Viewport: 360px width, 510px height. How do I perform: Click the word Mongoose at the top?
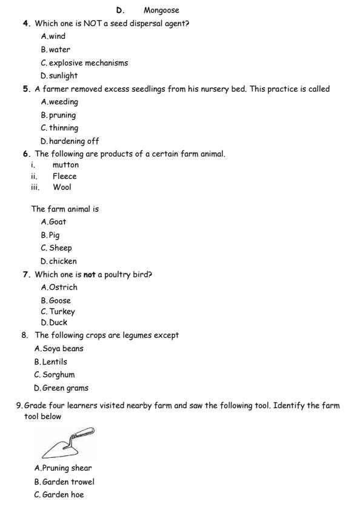(x=161, y=10)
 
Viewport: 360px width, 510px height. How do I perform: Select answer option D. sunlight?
(x=59, y=76)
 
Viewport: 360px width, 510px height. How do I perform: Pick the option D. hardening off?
(x=70, y=141)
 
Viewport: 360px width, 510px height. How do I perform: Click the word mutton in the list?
(x=65, y=164)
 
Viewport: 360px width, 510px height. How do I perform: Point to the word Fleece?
(x=64, y=176)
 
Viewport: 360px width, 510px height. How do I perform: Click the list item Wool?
(x=62, y=187)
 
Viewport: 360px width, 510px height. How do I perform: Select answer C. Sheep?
(x=56, y=248)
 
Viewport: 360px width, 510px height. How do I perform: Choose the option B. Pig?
(x=50, y=235)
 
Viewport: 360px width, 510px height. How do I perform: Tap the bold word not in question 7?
(x=90, y=275)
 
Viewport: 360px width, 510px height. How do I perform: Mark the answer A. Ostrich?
(x=59, y=287)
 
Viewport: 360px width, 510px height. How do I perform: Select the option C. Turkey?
(x=58, y=312)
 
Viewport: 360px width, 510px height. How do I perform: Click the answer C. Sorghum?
(x=55, y=375)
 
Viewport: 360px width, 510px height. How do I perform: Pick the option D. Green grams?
(x=61, y=388)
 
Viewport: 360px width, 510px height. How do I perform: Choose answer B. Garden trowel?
(x=64, y=481)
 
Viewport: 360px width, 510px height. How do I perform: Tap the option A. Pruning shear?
(x=64, y=468)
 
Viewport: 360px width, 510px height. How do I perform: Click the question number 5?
(x=27, y=89)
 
